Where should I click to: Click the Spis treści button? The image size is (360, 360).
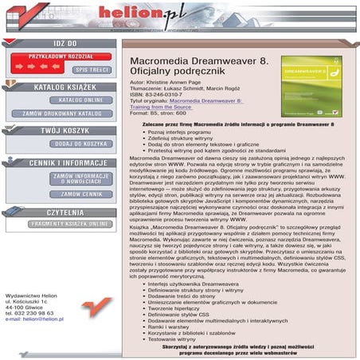92,69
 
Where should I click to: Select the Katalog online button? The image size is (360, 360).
81,100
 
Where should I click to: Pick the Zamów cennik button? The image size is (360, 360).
80,194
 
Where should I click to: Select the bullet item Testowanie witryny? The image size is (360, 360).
176,339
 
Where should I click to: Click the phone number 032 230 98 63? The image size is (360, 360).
30,313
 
